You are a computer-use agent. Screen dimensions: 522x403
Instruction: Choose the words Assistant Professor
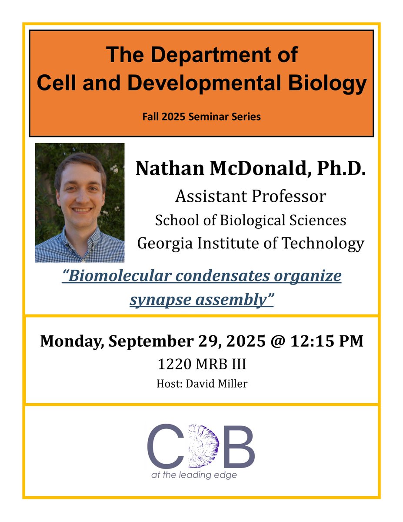point(250,197)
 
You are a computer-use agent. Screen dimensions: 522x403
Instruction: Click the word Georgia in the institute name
point(164,243)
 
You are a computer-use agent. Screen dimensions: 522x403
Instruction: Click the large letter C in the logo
point(165,445)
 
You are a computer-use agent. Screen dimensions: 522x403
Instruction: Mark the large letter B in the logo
point(239,445)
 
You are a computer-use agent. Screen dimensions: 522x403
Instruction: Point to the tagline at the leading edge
point(194,475)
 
